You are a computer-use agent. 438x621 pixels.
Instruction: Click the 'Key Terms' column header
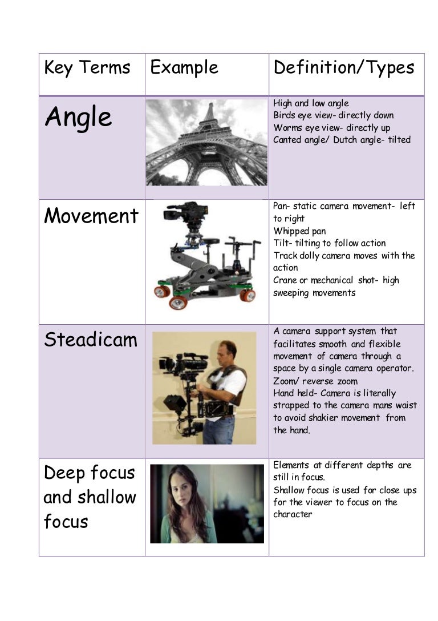(x=87, y=68)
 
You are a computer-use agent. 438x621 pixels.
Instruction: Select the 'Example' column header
(x=184, y=68)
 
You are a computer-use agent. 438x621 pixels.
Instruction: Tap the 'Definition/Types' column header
(x=343, y=68)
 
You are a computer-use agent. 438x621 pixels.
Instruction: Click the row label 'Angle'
(x=78, y=118)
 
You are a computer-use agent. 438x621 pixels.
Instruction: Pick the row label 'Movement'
(x=91, y=216)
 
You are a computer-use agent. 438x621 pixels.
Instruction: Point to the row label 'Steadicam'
(x=90, y=340)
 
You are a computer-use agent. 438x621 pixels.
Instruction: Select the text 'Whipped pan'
(x=299, y=231)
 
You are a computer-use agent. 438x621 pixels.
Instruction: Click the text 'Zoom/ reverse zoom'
(x=315, y=381)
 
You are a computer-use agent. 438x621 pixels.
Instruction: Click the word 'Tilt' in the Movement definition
(x=281, y=243)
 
